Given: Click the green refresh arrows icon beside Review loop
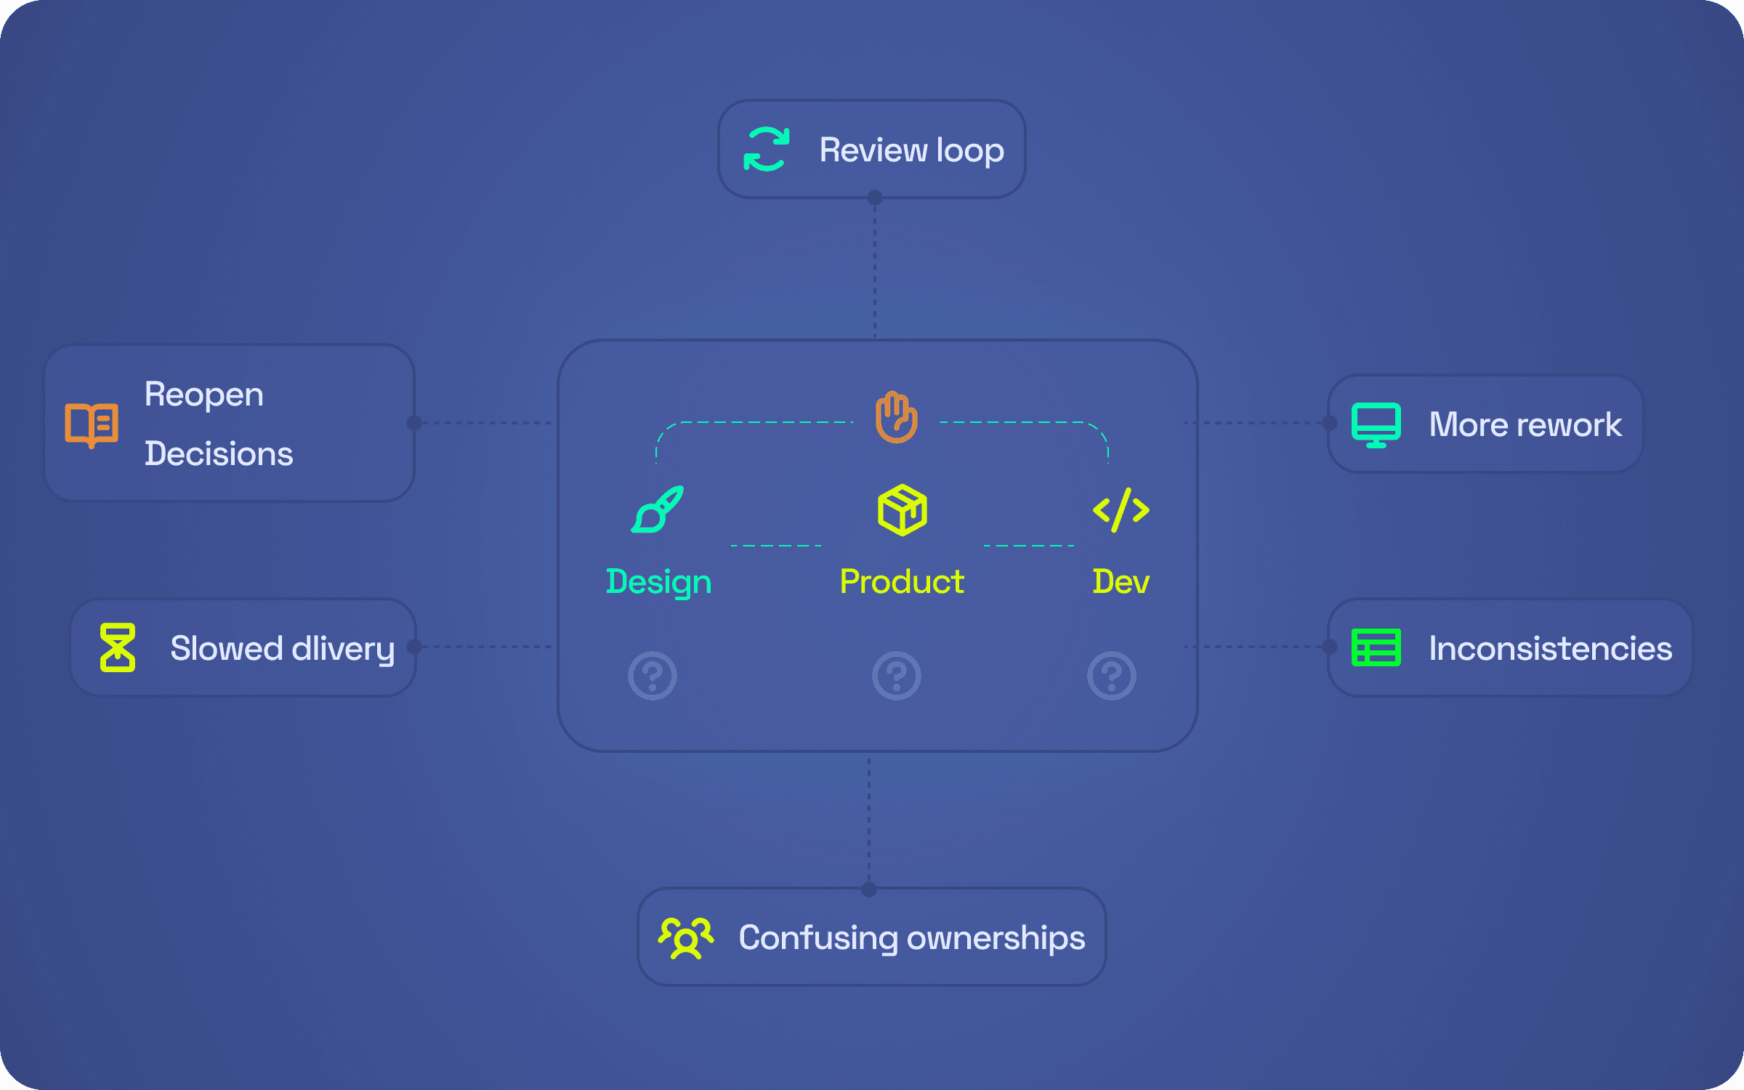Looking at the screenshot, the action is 767,149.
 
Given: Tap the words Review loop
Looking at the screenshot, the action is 912,150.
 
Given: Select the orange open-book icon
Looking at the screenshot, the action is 92,425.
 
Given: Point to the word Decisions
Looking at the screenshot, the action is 219,453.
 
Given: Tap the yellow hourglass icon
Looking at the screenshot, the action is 118,647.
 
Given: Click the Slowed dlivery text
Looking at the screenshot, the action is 283,649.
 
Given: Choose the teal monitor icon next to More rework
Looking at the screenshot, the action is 1376,425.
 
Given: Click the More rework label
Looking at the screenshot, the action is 1525,424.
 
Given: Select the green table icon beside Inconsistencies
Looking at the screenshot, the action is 1376,647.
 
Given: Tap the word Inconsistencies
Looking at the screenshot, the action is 1551,648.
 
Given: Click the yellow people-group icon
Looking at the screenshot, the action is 686,938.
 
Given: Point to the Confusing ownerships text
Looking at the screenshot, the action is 912,938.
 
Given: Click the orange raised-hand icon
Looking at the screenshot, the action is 897,417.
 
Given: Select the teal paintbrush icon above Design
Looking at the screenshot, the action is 658,509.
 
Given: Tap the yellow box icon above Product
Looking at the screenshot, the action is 903,510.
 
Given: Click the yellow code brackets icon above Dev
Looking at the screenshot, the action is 1121,510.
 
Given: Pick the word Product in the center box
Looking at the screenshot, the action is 902,581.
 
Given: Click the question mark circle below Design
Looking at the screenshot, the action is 653,676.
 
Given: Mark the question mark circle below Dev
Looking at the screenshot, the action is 1112,676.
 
